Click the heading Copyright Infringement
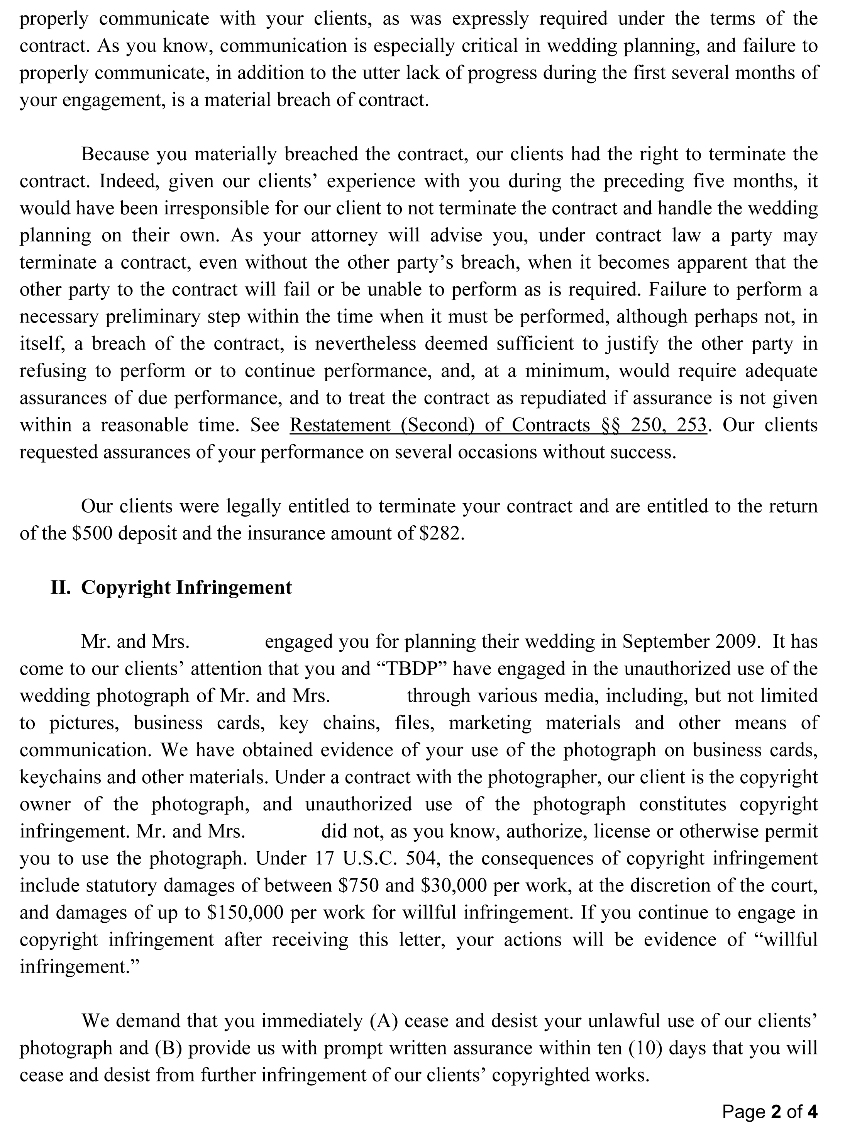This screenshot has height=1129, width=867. click(x=186, y=587)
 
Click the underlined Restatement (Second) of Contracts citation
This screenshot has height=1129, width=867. click(x=498, y=425)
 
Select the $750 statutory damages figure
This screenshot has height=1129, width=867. click(x=359, y=885)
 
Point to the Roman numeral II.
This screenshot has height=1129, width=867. click(x=61, y=587)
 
